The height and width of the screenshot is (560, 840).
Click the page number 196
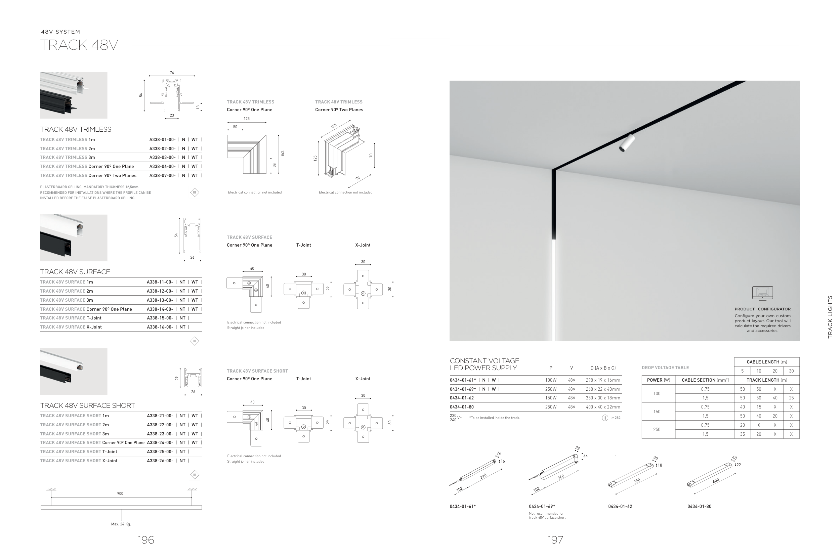[146, 540]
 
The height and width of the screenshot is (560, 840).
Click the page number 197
[555, 540]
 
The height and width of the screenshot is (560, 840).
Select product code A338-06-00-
[163, 166]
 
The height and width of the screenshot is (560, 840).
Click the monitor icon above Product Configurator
[762, 293]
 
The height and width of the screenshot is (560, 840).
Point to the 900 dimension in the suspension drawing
[120, 493]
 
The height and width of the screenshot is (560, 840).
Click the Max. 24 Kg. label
[121, 524]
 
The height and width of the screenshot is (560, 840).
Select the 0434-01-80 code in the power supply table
[462, 407]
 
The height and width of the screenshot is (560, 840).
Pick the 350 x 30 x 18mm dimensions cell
[603, 398]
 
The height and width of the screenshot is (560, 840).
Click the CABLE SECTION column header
[705, 380]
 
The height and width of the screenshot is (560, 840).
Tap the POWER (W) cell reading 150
[657, 412]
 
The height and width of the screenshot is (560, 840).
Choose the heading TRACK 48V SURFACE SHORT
[87, 405]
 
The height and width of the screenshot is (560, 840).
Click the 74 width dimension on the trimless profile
[172, 73]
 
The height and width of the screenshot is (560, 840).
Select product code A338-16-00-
[160, 327]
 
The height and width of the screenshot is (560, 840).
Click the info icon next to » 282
[605, 418]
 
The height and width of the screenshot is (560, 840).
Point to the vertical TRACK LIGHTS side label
[830, 317]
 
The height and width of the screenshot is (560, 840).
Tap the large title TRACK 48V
[79, 45]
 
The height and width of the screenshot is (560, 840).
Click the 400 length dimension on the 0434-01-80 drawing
[715, 481]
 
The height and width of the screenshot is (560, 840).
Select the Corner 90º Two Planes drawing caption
[339, 110]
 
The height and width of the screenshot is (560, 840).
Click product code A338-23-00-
[160, 434]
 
